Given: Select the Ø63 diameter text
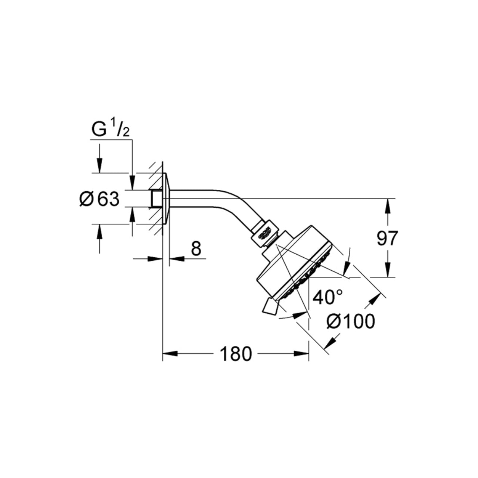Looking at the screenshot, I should pyautogui.click(x=99, y=199).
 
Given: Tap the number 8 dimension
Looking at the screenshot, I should pyautogui.click(x=196, y=248).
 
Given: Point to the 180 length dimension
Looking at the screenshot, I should pyautogui.click(x=236, y=354).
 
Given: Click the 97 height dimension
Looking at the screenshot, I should pyautogui.click(x=388, y=238).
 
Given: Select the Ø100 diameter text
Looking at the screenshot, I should pyautogui.click(x=350, y=321).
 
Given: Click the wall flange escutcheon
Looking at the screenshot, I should pyautogui.click(x=167, y=199).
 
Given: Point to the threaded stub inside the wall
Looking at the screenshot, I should pyautogui.click(x=156, y=199).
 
